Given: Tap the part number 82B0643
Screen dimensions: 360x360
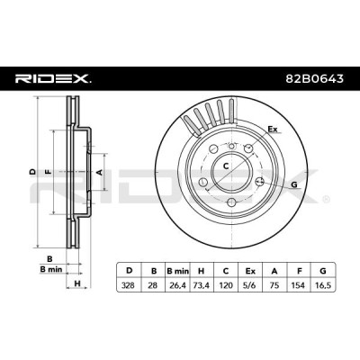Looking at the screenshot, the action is (x=313, y=79).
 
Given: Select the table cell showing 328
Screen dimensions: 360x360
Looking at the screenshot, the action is (x=129, y=285).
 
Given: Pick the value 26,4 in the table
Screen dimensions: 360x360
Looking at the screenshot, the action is (x=177, y=285).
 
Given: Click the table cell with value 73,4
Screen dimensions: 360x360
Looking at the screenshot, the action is (x=202, y=285).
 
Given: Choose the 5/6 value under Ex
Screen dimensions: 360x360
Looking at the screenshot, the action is (x=250, y=285).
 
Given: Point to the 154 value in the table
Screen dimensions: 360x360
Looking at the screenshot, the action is (x=299, y=285).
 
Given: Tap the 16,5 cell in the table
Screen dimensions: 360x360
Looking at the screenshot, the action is (x=323, y=285).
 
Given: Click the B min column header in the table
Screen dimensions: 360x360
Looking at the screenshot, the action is (x=178, y=271).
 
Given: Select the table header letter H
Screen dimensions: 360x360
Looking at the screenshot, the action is (x=202, y=271).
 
